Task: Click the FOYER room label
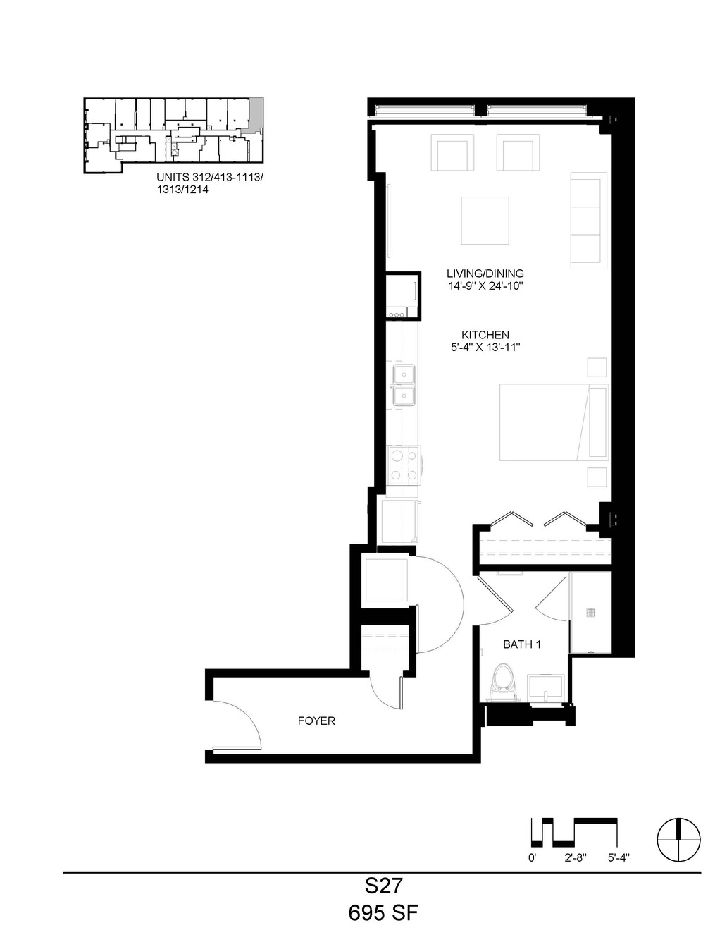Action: (316, 721)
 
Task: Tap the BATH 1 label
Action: (522, 644)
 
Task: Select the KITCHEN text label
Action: (485, 335)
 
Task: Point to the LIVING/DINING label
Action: (485, 274)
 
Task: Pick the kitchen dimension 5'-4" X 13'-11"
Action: (485, 347)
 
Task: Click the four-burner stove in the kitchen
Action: (403, 465)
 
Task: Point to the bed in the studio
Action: (554, 422)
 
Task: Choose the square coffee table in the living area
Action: (485, 221)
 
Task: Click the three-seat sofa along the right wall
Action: (588, 221)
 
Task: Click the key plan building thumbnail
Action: (173, 135)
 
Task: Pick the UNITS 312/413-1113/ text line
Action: (210, 177)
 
